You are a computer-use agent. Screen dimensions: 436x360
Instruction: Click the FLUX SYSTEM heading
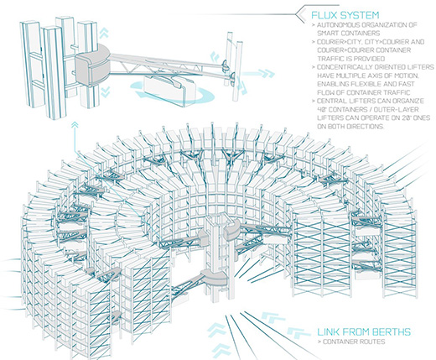[x=345, y=15]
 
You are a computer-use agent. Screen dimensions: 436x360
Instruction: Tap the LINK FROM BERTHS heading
[x=364, y=332]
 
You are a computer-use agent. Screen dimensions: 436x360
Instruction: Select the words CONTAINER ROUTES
[x=354, y=342]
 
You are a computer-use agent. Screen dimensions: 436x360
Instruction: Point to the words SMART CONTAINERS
[x=348, y=34]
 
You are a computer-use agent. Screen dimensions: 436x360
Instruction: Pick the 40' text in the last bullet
[x=322, y=109]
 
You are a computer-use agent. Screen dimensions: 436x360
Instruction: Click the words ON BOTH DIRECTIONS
[x=350, y=127]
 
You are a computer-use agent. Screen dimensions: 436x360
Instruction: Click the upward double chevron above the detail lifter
[x=103, y=33]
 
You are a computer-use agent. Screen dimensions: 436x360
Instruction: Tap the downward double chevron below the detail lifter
[x=105, y=91]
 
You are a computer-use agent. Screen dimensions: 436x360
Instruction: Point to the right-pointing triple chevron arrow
[x=258, y=74]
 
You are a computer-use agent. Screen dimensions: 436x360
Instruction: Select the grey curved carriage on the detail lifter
[x=93, y=65]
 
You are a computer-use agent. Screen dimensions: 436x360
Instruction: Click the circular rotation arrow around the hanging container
[x=173, y=91]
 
